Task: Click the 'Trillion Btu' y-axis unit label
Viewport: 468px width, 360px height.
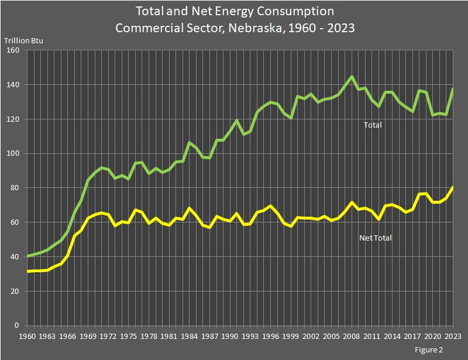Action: click(x=24, y=40)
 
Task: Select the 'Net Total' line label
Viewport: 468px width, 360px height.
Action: click(x=375, y=238)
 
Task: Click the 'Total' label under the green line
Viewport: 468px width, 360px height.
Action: click(x=373, y=125)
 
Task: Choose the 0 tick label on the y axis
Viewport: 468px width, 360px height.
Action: click(x=18, y=325)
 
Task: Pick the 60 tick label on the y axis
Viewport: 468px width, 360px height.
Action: click(x=15, y=222)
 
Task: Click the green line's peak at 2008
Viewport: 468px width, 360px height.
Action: click(x=352, y=77)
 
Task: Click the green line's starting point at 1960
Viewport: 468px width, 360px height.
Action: click(x=27, y=256)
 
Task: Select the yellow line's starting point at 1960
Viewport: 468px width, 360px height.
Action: click(x=27, y=272)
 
